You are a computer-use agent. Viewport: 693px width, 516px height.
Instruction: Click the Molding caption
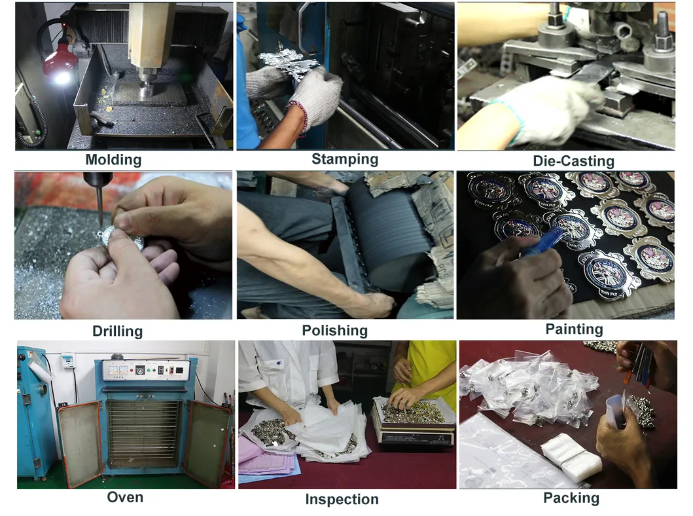[x=113, y=160]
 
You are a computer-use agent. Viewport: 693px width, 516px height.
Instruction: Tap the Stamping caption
[x=345, y=159]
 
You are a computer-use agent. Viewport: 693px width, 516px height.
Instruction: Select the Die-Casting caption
[x=573, y=161]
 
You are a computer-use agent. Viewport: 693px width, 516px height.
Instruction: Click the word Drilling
[x=117, y=331]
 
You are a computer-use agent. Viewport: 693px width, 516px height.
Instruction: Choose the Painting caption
[x=574, y=329]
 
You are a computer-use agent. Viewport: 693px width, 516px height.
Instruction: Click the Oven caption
[x=125, y=497]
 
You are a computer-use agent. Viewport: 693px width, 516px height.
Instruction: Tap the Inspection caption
[x=342, y=500]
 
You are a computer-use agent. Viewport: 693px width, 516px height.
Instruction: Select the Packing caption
[x=571, y=498]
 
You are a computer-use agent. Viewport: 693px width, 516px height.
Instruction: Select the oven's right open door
[x=207, y=444]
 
